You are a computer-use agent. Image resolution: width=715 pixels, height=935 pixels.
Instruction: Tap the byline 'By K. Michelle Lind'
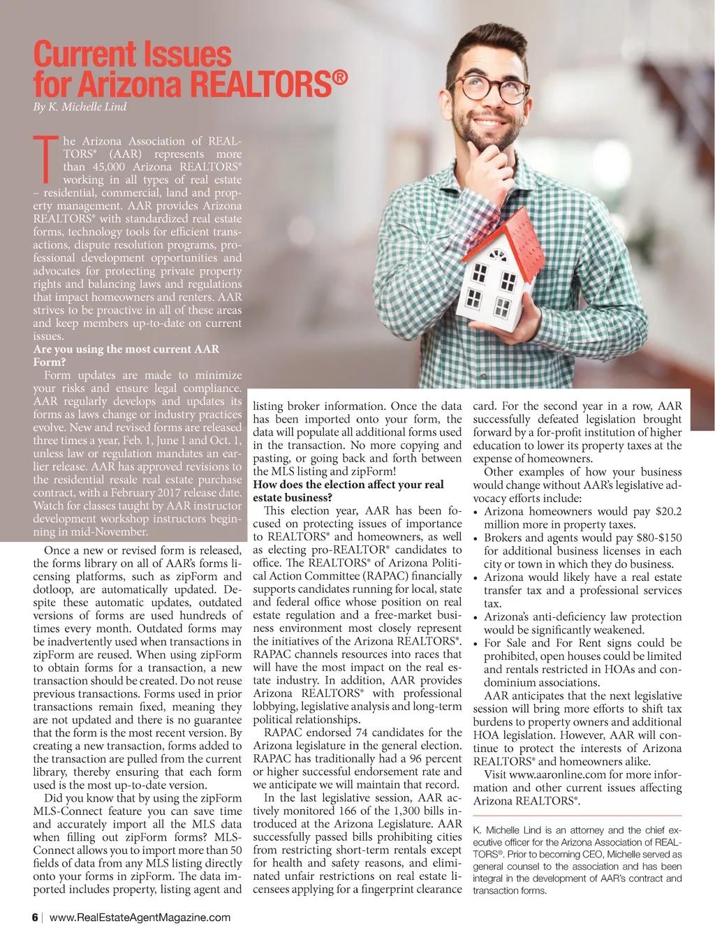(x=80, y=107)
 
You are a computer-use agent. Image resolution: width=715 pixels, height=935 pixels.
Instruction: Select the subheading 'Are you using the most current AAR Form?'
(x=126, y=355)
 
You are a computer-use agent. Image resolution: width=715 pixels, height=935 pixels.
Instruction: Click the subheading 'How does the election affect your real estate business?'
(x=348, y=491)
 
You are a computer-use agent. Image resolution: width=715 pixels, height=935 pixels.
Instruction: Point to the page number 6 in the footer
(x=35, y=918)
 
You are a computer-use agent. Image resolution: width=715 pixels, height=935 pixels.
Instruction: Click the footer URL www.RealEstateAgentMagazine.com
(x=140, y=918)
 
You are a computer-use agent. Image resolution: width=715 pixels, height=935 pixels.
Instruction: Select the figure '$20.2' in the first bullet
(x=668, y=512)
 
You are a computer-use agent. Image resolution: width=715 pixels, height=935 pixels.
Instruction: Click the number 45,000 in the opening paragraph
(x=109, y=167)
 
